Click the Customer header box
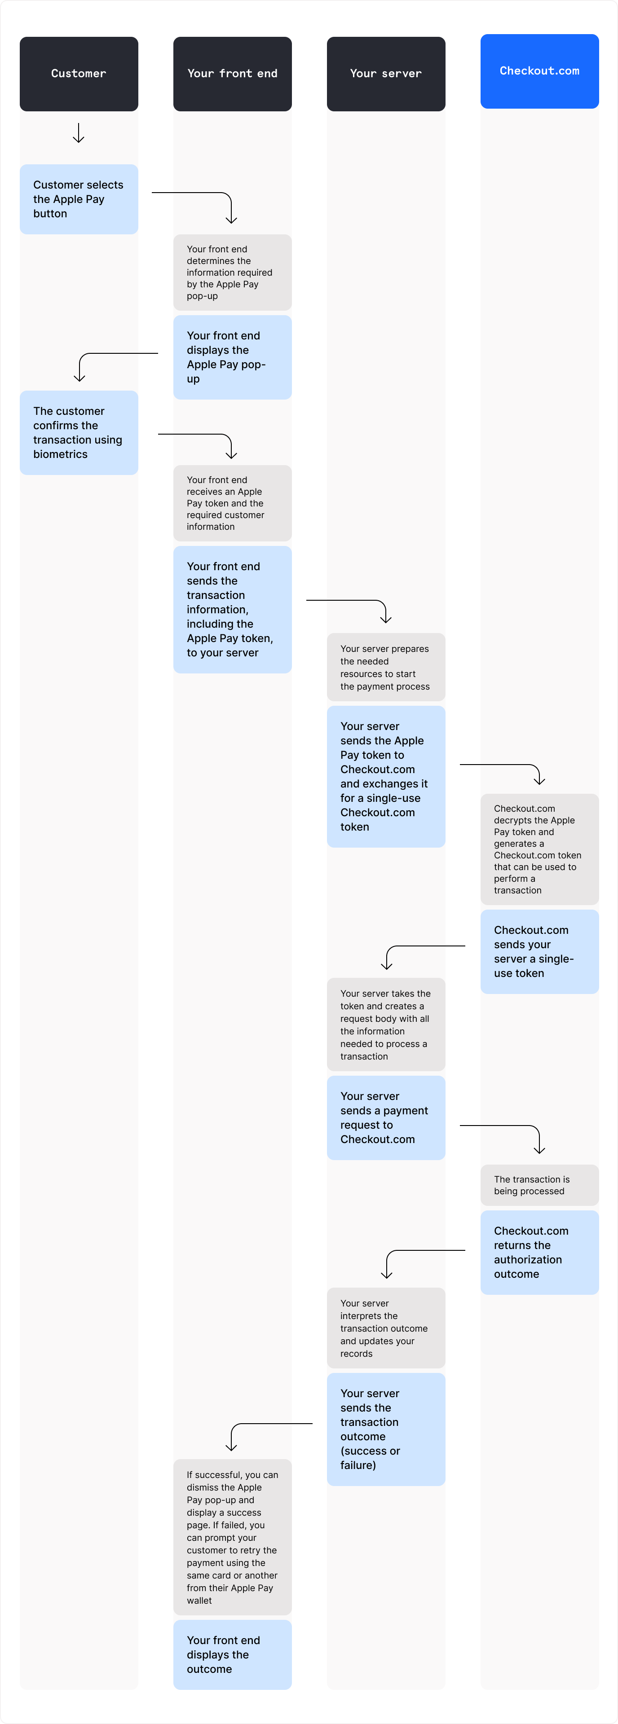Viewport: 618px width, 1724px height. (x=78, y=74)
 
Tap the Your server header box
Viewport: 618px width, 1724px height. (x=386, y=74)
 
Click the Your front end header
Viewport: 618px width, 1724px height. (x=232, y=74)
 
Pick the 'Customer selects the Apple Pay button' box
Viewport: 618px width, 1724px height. (x=78, y=199)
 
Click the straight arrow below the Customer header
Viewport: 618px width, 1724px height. (x=78, y=132)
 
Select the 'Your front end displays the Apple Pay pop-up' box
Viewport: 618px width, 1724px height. (x=232, y=357)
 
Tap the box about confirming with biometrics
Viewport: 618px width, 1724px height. (x=78, y=432)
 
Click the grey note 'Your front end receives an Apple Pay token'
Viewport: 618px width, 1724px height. (x=232, y=503)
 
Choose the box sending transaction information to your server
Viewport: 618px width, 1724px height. (x=232, y=609)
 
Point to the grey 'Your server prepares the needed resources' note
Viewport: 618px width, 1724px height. (x=386, y=667)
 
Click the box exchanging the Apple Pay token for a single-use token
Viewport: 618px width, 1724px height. (x=386, y=776)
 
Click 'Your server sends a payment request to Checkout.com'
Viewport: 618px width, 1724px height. (x=386, y=1117)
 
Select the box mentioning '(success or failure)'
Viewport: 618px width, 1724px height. (x=386, y=1429)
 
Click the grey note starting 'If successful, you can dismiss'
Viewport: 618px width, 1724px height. (x=232, y=1537)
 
